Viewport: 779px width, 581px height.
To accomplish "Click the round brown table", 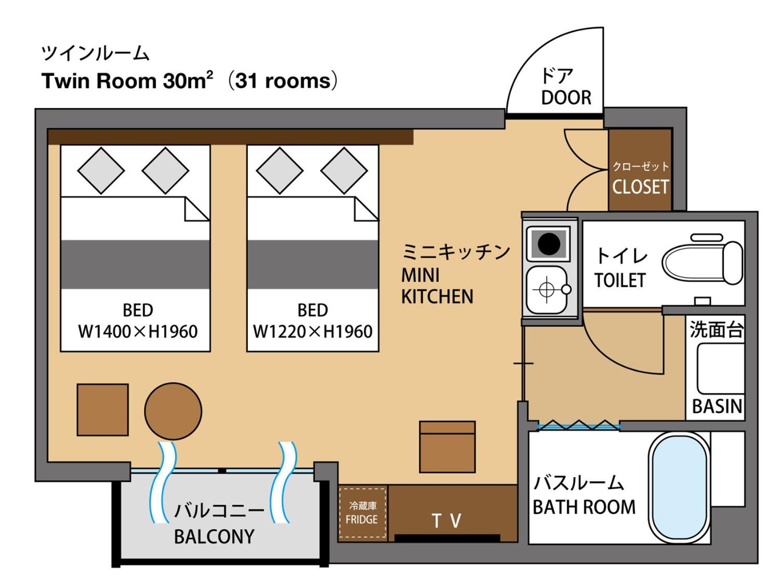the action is coord(173,411).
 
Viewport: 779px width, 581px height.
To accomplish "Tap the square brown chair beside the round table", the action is coord(102,410).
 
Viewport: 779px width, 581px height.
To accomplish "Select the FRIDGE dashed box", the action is coord(363,513).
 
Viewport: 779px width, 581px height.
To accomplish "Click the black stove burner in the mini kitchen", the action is coord(549,243).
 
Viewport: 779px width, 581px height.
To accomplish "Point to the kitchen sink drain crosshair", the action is coord(546,290).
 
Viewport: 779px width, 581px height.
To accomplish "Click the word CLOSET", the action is coord(640,187).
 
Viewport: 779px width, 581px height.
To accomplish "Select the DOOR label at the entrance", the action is coord(566,97).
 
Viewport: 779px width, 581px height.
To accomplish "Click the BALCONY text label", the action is coord(214,536).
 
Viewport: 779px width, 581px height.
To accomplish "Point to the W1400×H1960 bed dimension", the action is coord(138,331).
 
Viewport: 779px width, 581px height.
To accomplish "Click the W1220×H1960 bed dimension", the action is coord(313,331).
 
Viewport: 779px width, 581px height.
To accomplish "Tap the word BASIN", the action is coord(717,406).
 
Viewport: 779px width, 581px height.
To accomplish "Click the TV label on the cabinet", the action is coord(447,521).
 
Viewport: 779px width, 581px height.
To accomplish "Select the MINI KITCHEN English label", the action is coord(437,286).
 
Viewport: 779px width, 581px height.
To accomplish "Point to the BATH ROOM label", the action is coord(584,507).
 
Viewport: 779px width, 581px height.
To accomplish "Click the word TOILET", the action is coord(620,280).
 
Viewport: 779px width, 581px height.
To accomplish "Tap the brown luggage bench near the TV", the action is coord(447,447).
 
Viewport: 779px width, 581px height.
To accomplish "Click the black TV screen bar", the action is coord(447,538).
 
